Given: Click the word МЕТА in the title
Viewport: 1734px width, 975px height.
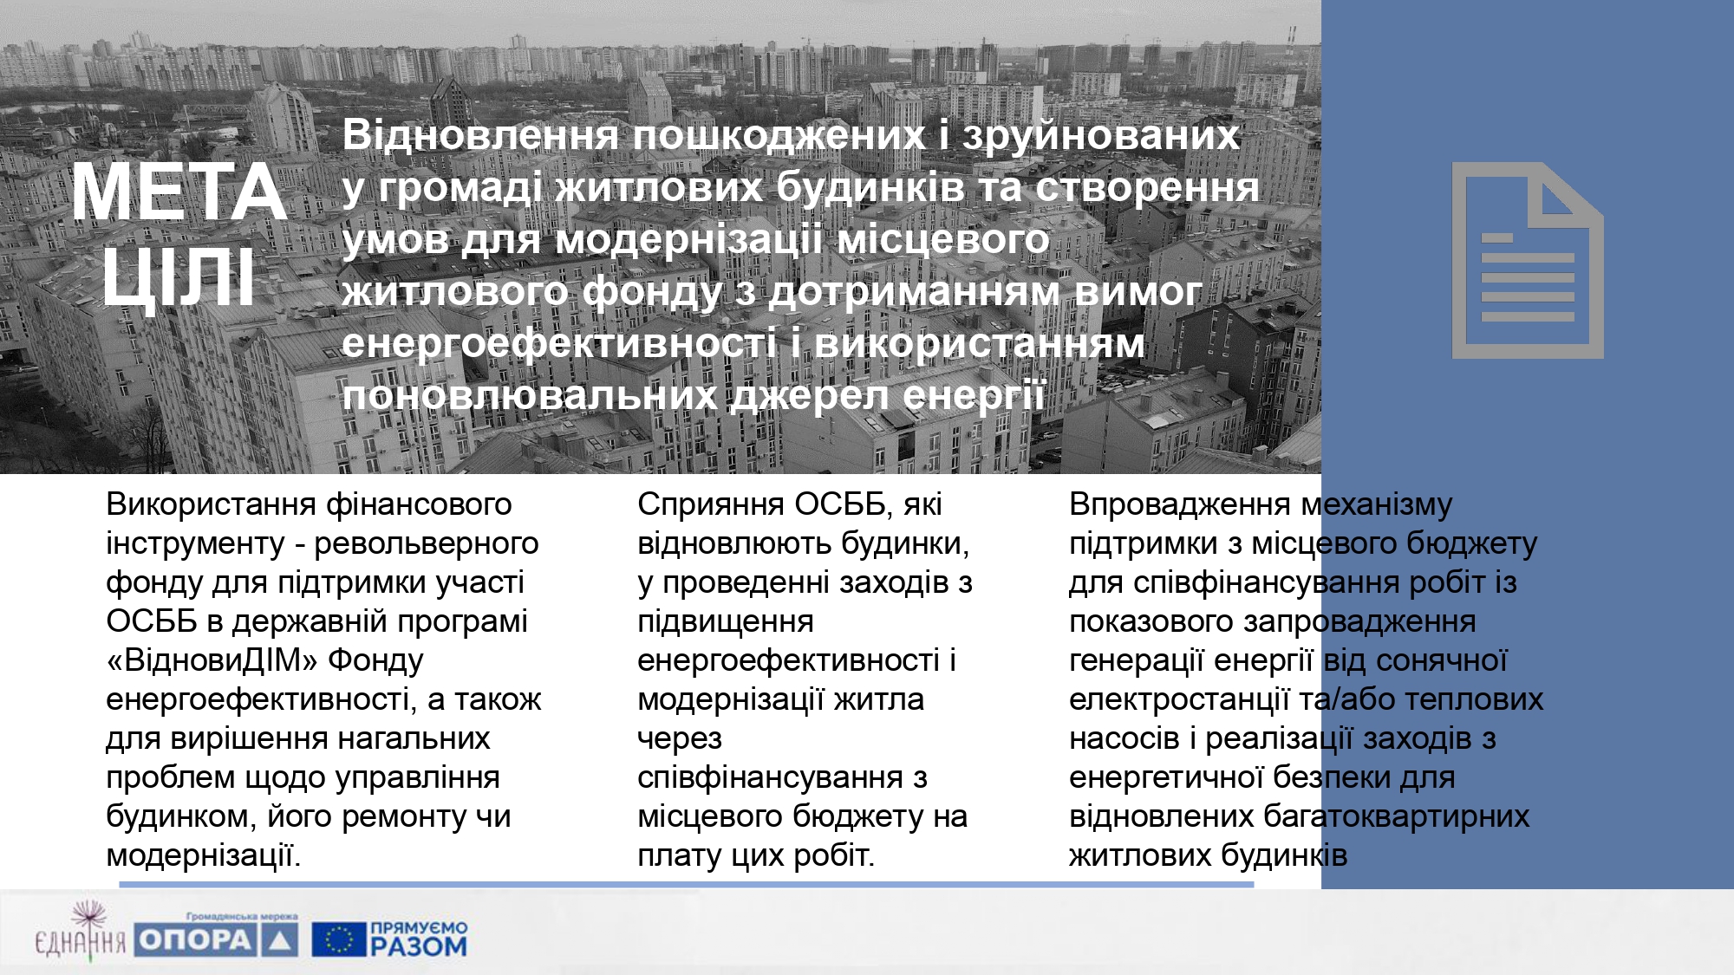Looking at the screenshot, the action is (x=179, y=192).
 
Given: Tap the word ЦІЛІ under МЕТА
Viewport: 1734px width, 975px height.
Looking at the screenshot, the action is (x=179, y=276).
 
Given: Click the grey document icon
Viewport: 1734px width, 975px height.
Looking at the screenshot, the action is (x=1528, y=260).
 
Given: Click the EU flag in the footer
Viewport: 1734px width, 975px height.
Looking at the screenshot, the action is (x=339, y=939).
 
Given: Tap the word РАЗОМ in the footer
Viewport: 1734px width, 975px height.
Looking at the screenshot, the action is (x=419, y=946).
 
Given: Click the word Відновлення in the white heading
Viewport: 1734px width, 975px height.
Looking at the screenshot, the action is (x=480, y=135).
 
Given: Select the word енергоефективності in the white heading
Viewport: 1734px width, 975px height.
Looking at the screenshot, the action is (x=559, y=344).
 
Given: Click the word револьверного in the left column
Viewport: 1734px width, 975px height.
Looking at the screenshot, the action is (x=426, y=544).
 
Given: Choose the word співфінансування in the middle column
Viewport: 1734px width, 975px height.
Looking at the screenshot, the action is (x=770, y=778).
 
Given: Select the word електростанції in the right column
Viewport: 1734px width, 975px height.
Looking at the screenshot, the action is (x=1179, y=700).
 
